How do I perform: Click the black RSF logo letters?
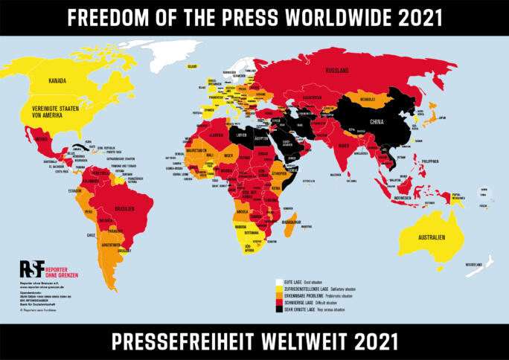click(x=32, y=269)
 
